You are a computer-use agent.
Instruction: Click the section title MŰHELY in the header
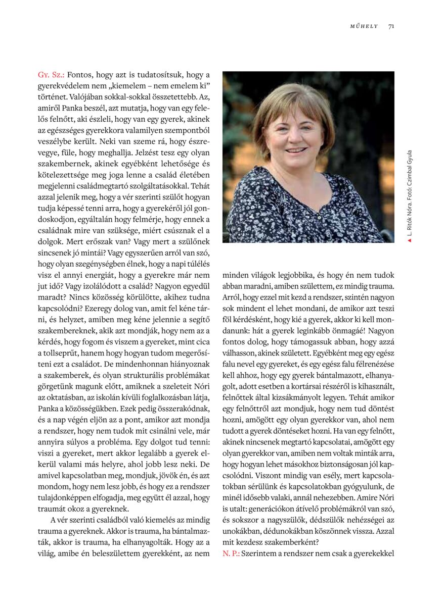364,26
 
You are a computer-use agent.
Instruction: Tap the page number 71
391,26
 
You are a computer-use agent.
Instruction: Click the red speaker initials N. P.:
231,553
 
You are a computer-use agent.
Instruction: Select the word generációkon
280,509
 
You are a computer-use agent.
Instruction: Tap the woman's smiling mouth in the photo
297,150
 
